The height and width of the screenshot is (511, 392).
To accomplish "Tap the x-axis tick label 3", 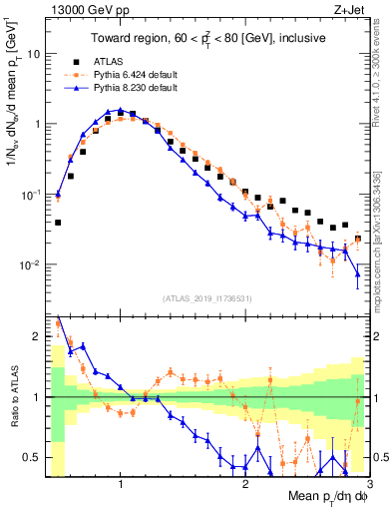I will tap(369, 484).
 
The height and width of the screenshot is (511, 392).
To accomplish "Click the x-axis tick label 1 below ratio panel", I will tap(121, 484).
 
